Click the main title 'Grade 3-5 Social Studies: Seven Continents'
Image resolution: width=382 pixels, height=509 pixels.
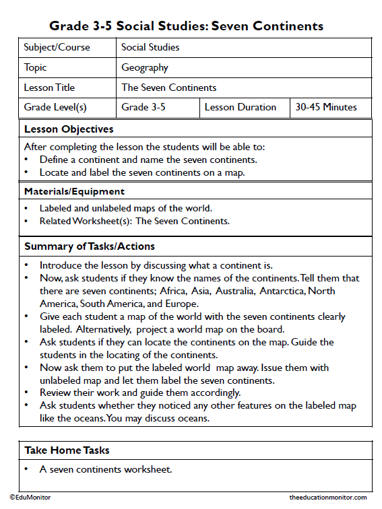[x=186, y=26]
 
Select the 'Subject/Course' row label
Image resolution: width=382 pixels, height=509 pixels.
[x=57, y=48]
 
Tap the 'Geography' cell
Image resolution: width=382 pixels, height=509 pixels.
[x=145, y=67]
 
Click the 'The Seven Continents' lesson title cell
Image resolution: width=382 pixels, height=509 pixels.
[x=169, y=88]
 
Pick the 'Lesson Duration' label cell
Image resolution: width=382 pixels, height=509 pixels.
[x=241, y=107]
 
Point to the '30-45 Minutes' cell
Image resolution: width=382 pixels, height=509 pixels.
[x=326, y=107]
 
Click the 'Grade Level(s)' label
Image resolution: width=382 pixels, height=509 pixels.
[x=55, y=107]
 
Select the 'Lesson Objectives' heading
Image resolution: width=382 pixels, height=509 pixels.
[x=69, y=129]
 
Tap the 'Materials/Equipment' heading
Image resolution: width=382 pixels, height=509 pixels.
[x=74, y=191]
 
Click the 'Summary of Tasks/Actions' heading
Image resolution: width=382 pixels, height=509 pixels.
[x=90, y=246]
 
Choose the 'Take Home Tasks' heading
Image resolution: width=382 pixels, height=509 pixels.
[x=67, y=450]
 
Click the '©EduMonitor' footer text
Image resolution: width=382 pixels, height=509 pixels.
[x=30, y=497]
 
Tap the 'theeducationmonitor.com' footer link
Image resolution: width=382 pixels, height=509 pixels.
[x=328, y=497]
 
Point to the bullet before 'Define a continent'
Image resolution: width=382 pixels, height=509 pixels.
[x=26, y=160]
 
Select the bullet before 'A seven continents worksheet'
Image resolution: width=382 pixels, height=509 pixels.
[x=26, y=469]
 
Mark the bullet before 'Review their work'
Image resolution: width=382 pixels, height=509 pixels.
[x=26, y=393]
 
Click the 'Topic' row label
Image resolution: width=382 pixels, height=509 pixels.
[x=36, y=67]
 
